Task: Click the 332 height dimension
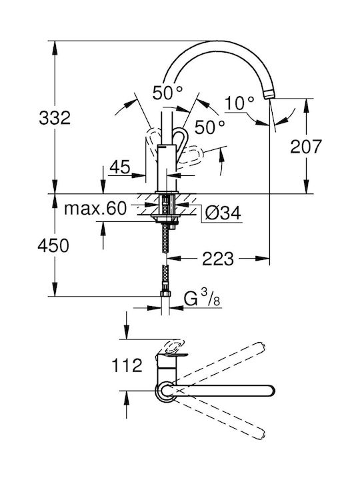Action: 55,118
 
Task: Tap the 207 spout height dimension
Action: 306,146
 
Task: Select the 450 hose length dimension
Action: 53,245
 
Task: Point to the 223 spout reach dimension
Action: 217,259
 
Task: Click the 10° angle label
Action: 240,103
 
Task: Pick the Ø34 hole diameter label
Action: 223,213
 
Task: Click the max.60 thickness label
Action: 95,209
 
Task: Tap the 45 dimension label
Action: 120,167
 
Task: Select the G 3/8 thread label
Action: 202,298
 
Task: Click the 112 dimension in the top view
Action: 127,365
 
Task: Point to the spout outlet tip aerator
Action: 269,94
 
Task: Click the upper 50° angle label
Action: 168,93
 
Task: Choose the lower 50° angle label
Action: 210,127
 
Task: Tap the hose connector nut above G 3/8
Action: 165,294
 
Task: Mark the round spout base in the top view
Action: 166,391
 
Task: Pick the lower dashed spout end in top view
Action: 259,434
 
